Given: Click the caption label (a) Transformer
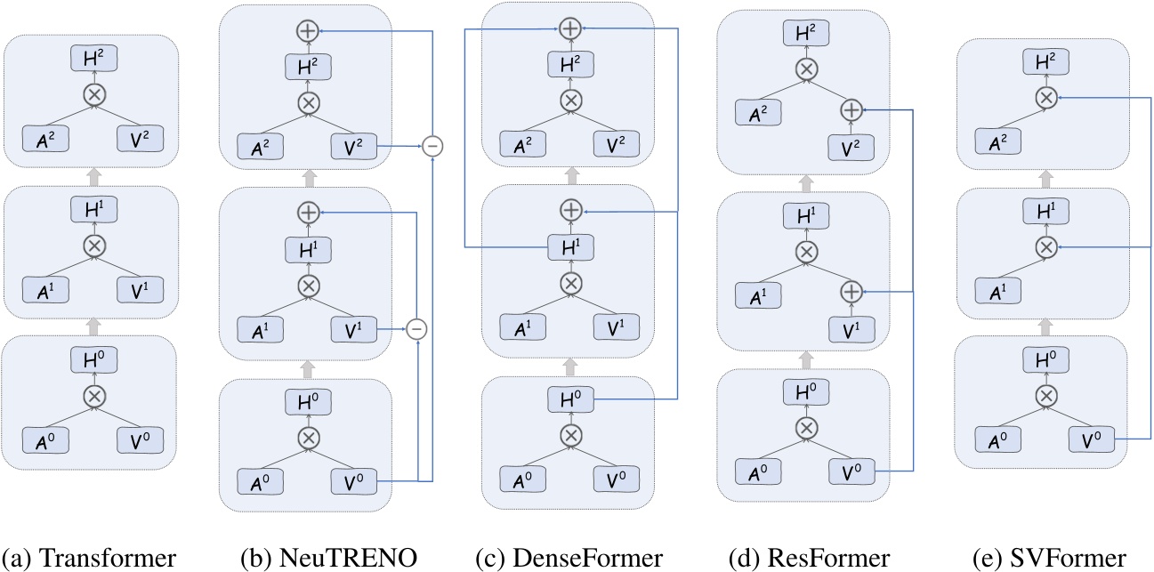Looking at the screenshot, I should pos(89,558).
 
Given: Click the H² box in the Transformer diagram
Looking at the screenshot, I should pos(91,60).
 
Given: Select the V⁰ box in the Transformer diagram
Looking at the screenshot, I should pos(135,439).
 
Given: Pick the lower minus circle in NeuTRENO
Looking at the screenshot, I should pos(418,329).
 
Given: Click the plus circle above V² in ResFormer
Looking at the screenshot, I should pos(851,110).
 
